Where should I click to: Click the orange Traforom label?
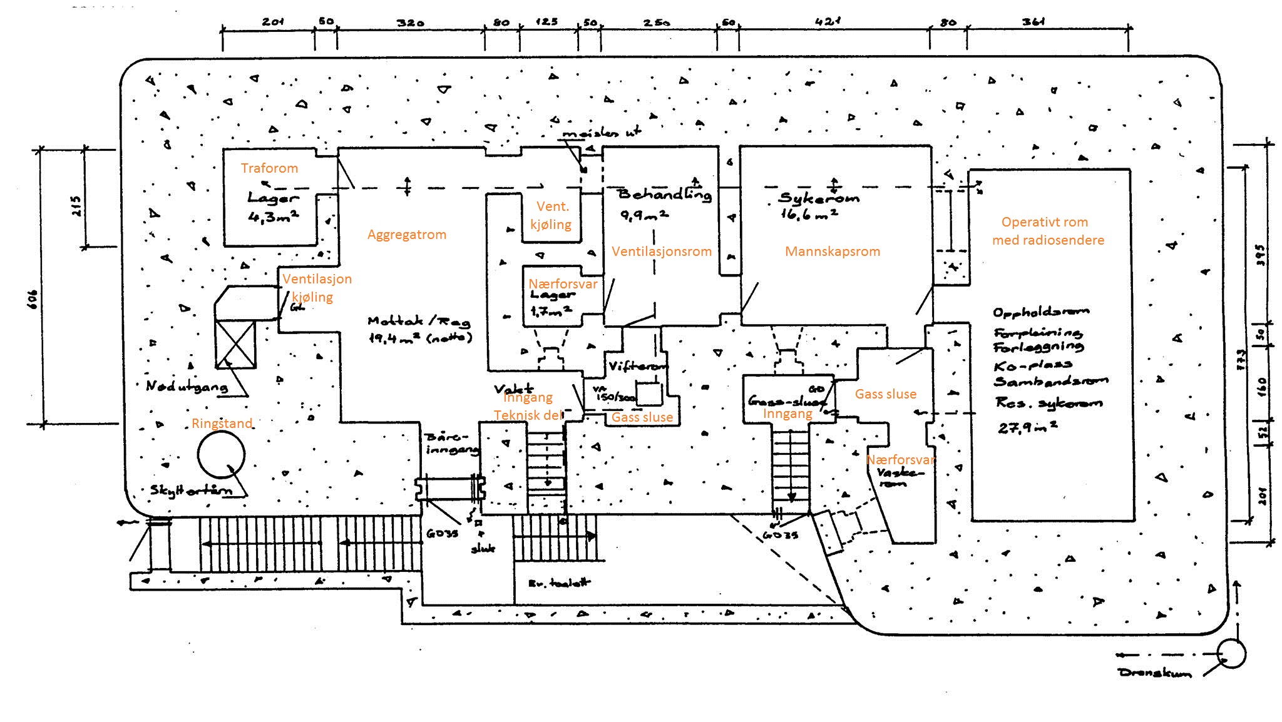(269, 168)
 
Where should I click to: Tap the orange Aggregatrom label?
(407, 235)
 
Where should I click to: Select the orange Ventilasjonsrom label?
(662, 252)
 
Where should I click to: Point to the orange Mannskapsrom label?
(833, 252)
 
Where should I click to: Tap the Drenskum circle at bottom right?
(1231, 653)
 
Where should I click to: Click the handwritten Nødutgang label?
(187, 386)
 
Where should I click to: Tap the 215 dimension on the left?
(76, 205)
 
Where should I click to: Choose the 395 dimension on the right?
(1261, 255)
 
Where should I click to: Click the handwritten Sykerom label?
(819, 198)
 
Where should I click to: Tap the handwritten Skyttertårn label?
(190, 490)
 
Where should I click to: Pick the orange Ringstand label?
(222, 424)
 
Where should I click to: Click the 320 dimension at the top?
(410, 23)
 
